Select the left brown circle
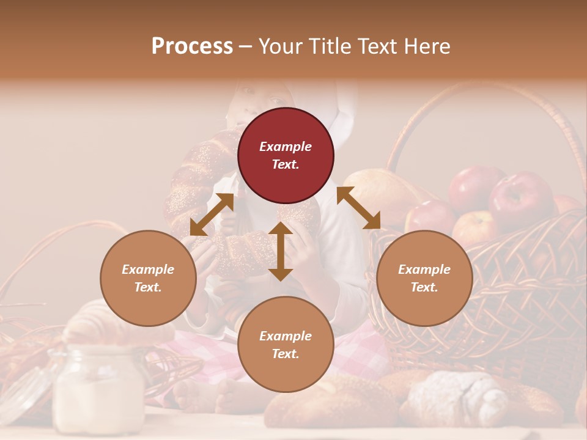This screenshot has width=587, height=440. (x=148, y=278)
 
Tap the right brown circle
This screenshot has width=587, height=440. (x=424, y=278)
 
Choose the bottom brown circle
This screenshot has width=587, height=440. (x=286, y=344)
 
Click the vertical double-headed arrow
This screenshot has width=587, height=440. (x=281, y=251)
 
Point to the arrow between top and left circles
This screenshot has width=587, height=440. (x=212, y=215)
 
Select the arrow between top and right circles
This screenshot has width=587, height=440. (x=358, y=208)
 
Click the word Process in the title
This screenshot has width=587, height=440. (x=192, y=46)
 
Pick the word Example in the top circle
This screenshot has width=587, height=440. (x=286, y=147)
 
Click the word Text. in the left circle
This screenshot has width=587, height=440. (x=148, y=287)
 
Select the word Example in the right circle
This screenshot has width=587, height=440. (x=424, y=269)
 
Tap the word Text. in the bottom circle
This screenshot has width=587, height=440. (x=286, y=354)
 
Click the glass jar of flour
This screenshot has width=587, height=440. (x=98, y=388)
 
